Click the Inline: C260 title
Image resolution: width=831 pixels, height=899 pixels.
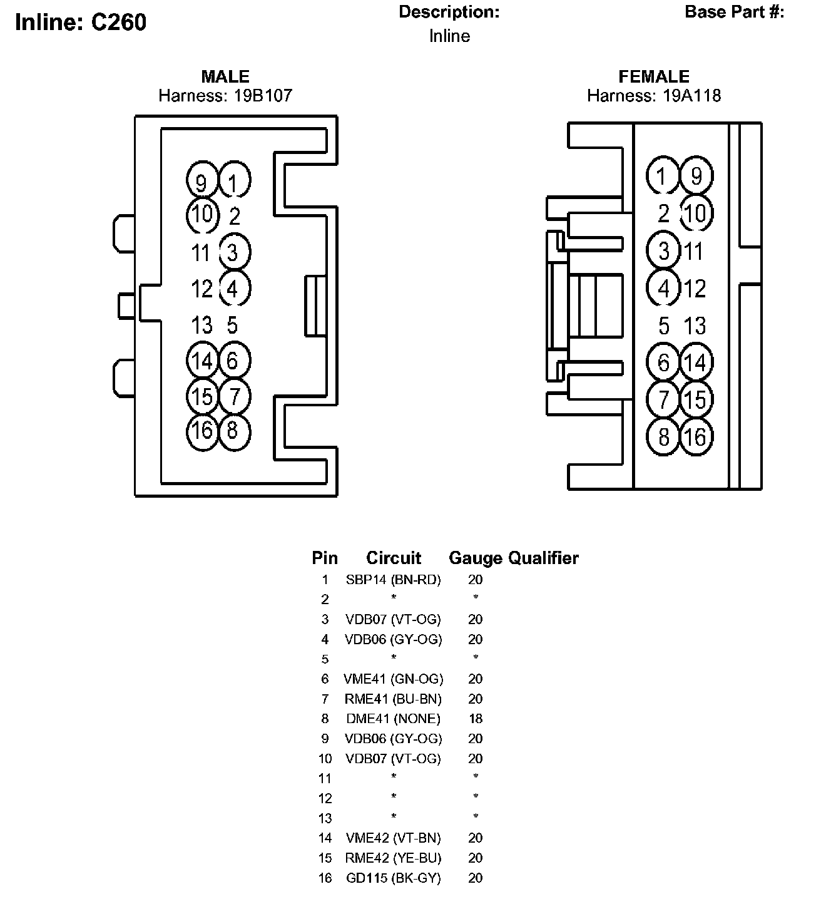coord(81,22)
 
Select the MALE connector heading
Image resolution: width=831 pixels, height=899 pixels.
coord(225,76)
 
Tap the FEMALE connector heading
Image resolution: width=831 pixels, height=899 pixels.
coord(653,76)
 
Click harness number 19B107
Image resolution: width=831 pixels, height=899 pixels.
coord(263,96)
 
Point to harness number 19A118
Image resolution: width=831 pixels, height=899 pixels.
coord(691,96)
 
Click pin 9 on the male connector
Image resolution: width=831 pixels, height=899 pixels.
coord(202,180)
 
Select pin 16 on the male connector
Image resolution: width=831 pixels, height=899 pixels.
coord(202,431)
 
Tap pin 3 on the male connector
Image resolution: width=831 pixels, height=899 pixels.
coord(235,252)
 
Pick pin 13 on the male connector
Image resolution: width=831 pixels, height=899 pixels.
coord(202,325)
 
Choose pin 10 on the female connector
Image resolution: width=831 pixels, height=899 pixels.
coord(696,213)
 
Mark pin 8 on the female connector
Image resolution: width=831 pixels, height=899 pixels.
coord(663,437)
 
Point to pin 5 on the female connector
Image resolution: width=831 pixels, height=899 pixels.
coord(663,326)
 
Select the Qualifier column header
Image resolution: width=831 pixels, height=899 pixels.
coord(543,558)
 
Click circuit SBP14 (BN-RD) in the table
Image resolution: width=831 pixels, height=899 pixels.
coord(394,580)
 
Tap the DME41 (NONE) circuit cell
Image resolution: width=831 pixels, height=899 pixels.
coord(394,719)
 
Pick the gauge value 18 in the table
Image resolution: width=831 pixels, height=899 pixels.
coord(476,719)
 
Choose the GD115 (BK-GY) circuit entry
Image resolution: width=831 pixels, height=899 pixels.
coord(394,878)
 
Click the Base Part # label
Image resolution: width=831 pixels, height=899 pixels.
coord(734,13)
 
